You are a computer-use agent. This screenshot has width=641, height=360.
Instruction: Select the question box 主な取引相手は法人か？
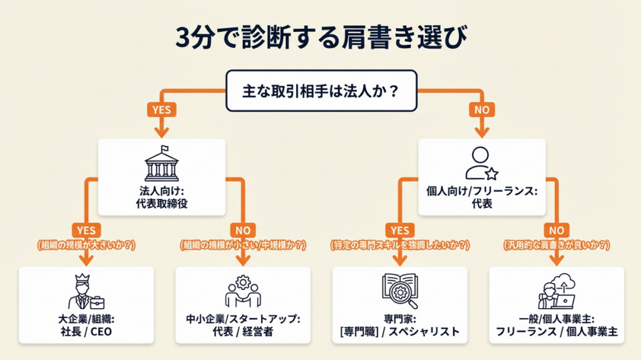320,91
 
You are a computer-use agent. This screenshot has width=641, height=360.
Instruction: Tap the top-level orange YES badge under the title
162,110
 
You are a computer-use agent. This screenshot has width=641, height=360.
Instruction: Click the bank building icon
162,164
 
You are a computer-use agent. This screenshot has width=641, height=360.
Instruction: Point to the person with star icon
481,163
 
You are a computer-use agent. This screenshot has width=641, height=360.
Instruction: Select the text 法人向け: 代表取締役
162,198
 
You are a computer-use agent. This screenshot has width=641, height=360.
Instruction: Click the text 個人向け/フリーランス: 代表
481,198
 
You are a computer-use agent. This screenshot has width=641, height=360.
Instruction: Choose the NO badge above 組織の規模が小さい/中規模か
243,230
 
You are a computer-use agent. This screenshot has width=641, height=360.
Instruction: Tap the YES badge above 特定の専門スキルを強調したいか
399,230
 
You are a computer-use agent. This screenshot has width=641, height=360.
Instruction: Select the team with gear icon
243,292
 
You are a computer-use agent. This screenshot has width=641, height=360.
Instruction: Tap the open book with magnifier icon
399,292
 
